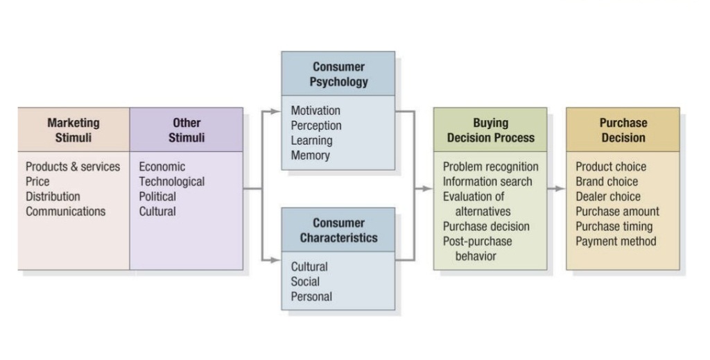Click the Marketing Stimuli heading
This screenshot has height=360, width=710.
click(73, 130)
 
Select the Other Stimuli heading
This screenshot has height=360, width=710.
click(187, 130)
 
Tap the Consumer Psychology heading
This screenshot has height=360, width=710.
click(338, 74)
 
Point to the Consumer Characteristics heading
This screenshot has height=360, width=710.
click(338, 230)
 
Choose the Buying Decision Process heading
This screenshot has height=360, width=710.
click(491, 130)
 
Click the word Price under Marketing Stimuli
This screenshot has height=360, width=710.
click(37, 182)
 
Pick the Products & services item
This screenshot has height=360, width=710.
click(73, 166)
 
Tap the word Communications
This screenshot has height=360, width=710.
click(66, 212)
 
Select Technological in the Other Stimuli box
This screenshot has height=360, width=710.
click(172, 182)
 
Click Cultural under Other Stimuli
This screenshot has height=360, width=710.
click(157, 212)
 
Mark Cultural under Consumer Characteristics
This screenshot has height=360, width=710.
click(309, 267)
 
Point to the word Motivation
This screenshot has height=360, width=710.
click(315, 110)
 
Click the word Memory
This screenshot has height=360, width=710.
click(310, 155)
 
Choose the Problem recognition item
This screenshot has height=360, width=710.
click(491, 166)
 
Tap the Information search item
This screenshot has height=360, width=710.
click(487, 182)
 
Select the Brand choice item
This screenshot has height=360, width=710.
click(607, 182)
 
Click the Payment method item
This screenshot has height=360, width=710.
click(616, 241)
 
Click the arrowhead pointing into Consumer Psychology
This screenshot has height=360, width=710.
click(276, 112)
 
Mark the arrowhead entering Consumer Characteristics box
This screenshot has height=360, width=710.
click(276, 260)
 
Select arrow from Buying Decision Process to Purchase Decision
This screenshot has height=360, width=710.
click(557, 189)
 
